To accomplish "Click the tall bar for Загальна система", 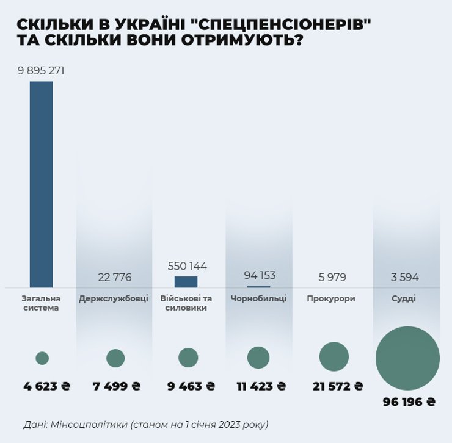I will click(x=41, y=184).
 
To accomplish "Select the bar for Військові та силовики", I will click(x=186, y=282).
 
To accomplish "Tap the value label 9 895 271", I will click(x=41, y=71).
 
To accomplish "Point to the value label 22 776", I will click(x=114, y=278).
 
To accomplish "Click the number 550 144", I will click(x=187, y=267).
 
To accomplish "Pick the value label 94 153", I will click(x=258, y=275).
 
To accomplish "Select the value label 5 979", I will click(x=332, y=278).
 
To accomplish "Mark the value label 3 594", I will click(x=405, y=278).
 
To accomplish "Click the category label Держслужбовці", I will click(x=114, y=299).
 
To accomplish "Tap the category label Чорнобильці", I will click(x=258, y=299).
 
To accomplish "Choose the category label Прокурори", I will click(x=331, y=299).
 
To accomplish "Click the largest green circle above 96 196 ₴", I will click(x=407, y=358).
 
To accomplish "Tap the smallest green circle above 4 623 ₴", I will click(x=42, y=358).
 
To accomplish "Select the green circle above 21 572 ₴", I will click(x=334, y=357).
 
